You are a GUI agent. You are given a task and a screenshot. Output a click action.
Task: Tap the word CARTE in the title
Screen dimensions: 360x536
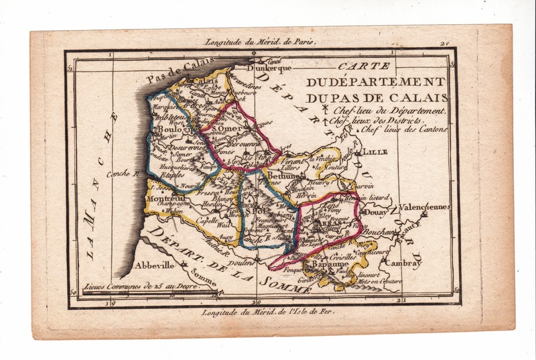point(356,67)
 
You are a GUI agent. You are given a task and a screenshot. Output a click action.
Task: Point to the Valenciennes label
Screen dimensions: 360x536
point(425,207)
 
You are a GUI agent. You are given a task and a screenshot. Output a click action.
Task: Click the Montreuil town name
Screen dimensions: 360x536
point(168,199)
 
